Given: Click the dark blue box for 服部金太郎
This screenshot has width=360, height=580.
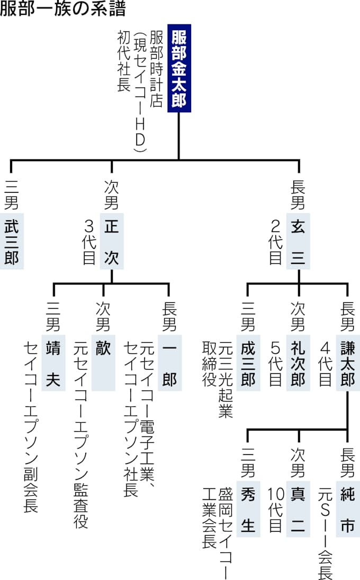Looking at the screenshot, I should pyautogui.click(x=179, y=68).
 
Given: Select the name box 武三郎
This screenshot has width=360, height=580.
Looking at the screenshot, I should pyautogui.click(x=12, y=242).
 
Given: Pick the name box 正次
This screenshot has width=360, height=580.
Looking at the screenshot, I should pyautogui.click(x=112, y=242).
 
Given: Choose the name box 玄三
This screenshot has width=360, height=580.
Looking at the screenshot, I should pyautogui.click(x=299, y=242).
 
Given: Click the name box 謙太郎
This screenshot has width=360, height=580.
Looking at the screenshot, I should pyautogui.click(x=348, y=363).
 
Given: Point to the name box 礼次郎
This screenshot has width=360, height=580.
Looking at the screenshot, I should pyautogui.click(x=299, y=363).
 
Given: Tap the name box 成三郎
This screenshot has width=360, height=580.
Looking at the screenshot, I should pyautogui.click(x=248, y=363).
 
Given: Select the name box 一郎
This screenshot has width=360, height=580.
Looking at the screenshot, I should pyautogui.click(x=169, y=363).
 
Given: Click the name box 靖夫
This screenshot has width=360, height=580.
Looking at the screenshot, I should pyautogui.click(x=53, y=363).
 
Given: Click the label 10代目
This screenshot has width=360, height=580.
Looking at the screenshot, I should pyautogui.click(x=275, y=508).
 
